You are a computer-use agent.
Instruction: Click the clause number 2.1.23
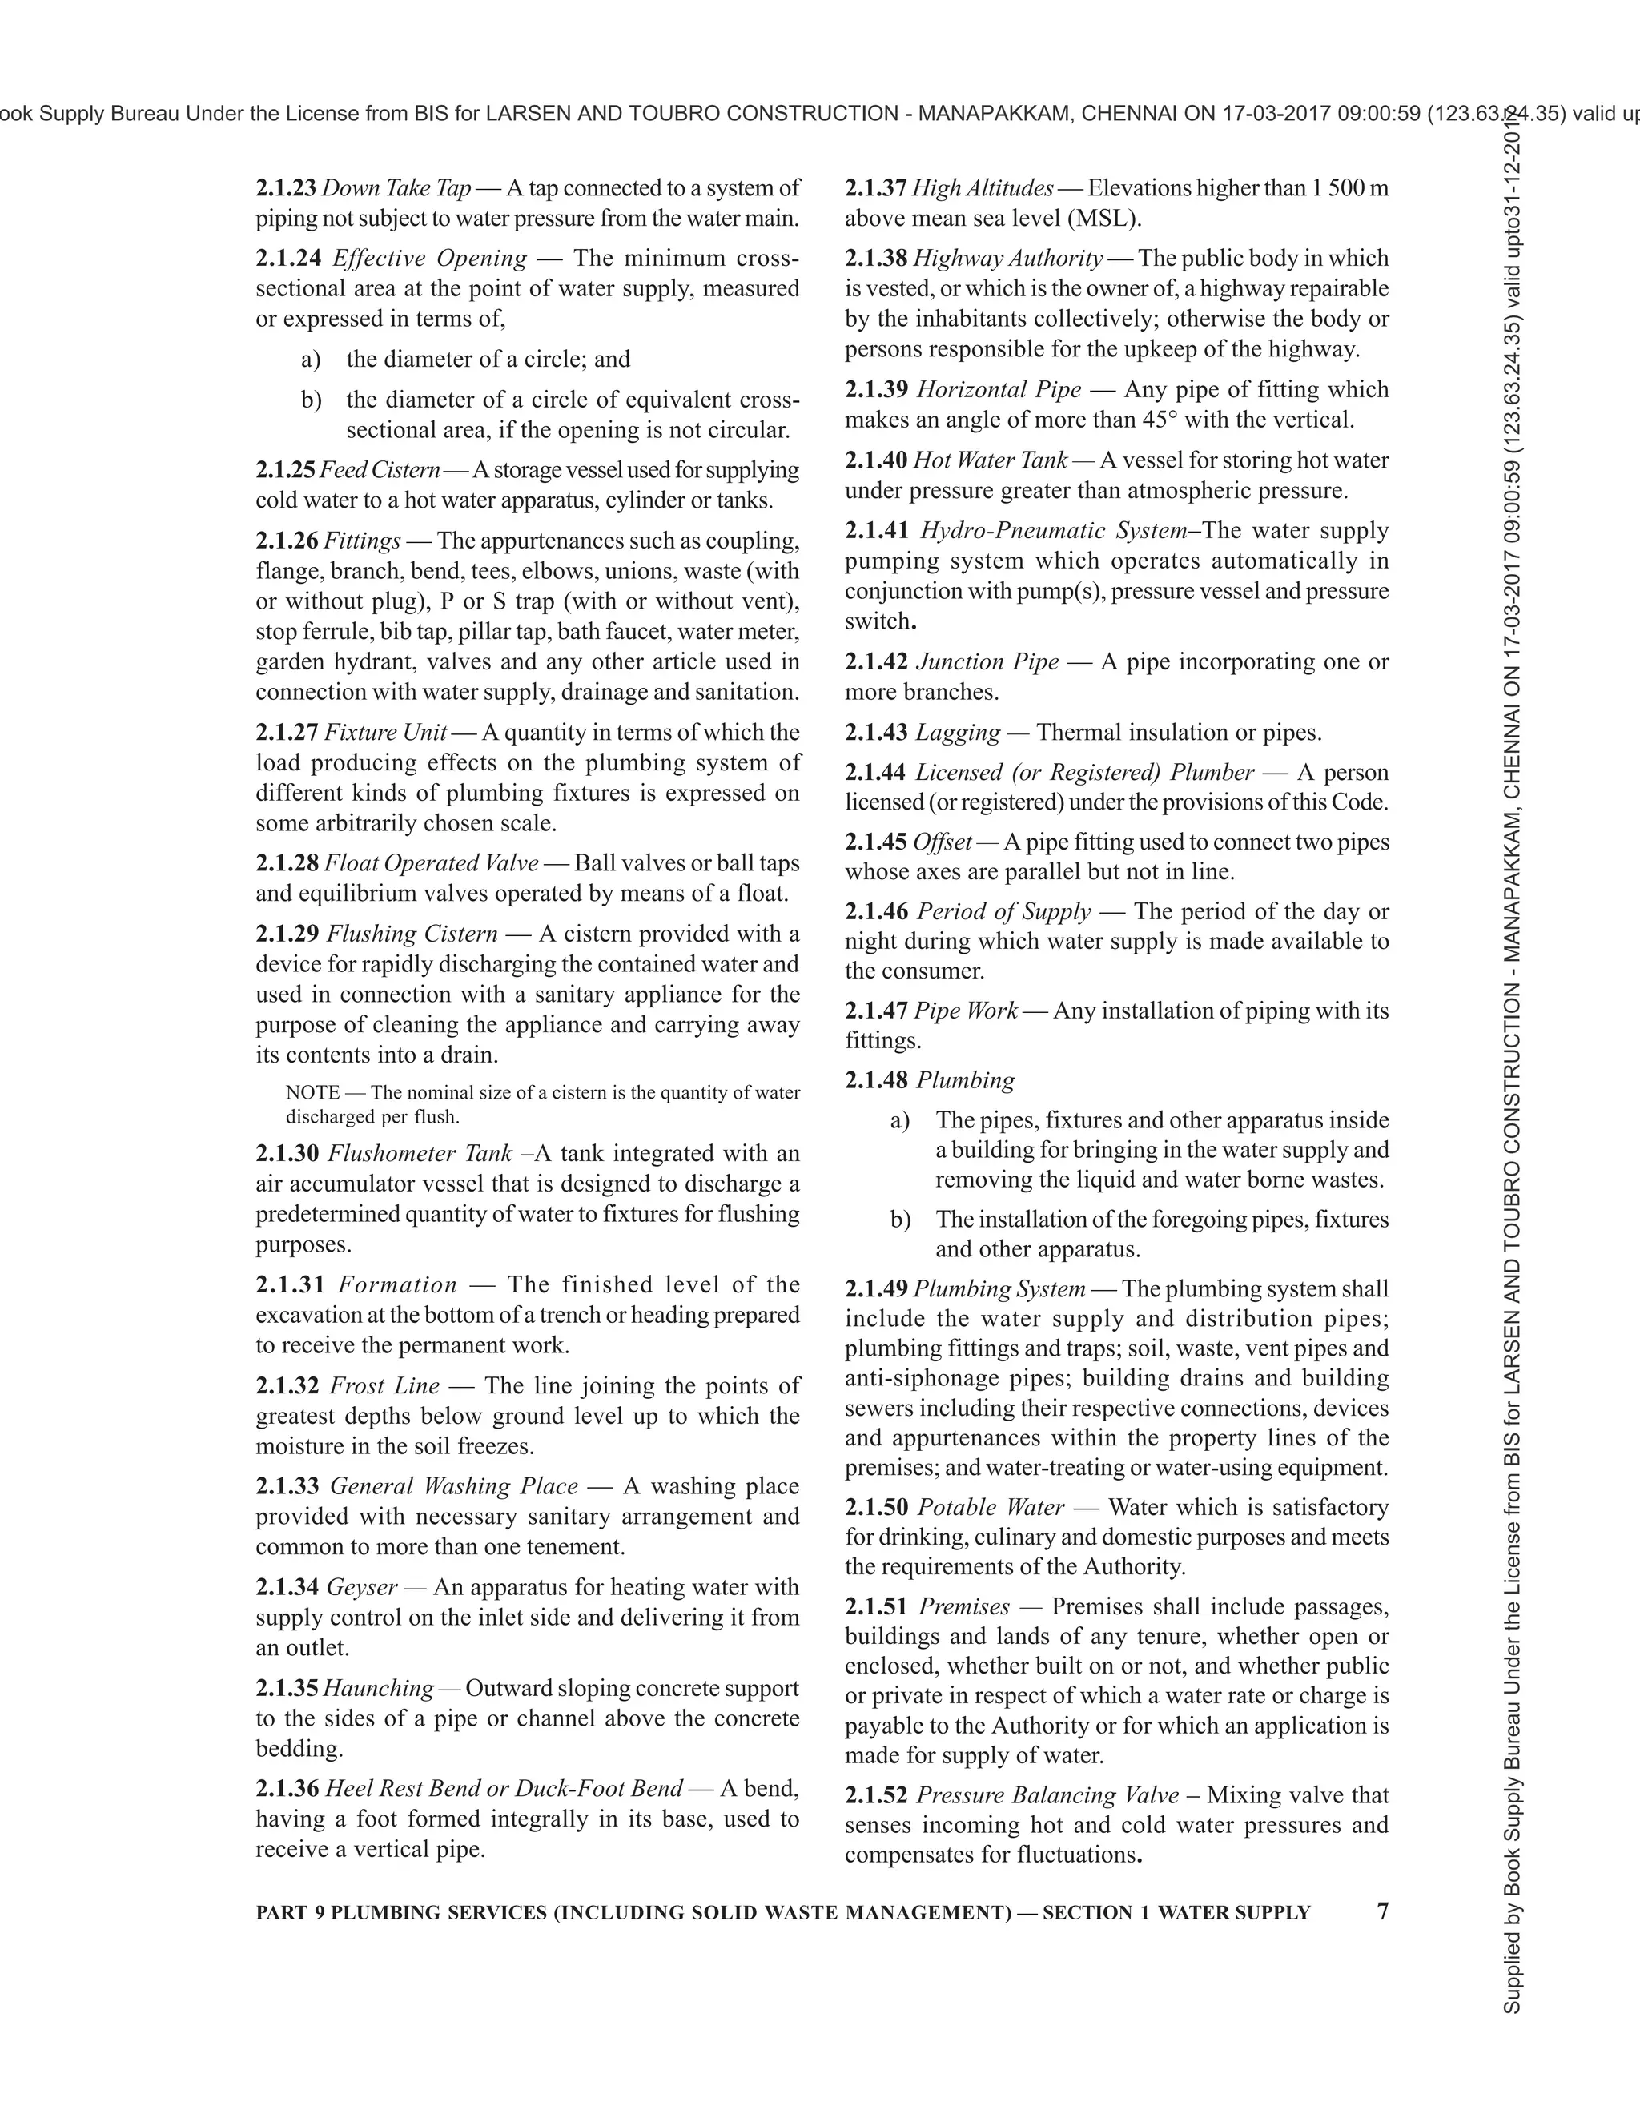(286, 187)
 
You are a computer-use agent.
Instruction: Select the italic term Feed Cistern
(380, 470)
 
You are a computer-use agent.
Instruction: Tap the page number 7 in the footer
(1382, 1911)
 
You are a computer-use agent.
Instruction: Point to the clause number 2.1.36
(287, 1788)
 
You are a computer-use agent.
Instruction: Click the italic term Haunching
(379, 1688)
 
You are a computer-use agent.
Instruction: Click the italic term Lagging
(958, 732)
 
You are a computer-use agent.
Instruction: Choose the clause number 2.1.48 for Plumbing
(876, 1079)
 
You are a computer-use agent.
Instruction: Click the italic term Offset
(943, 842)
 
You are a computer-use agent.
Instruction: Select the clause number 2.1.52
(876, 1794)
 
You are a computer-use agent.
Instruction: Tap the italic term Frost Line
(384, 1385)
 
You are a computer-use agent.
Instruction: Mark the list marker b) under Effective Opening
(311, 400)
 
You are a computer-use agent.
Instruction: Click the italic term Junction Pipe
(987, 661)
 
